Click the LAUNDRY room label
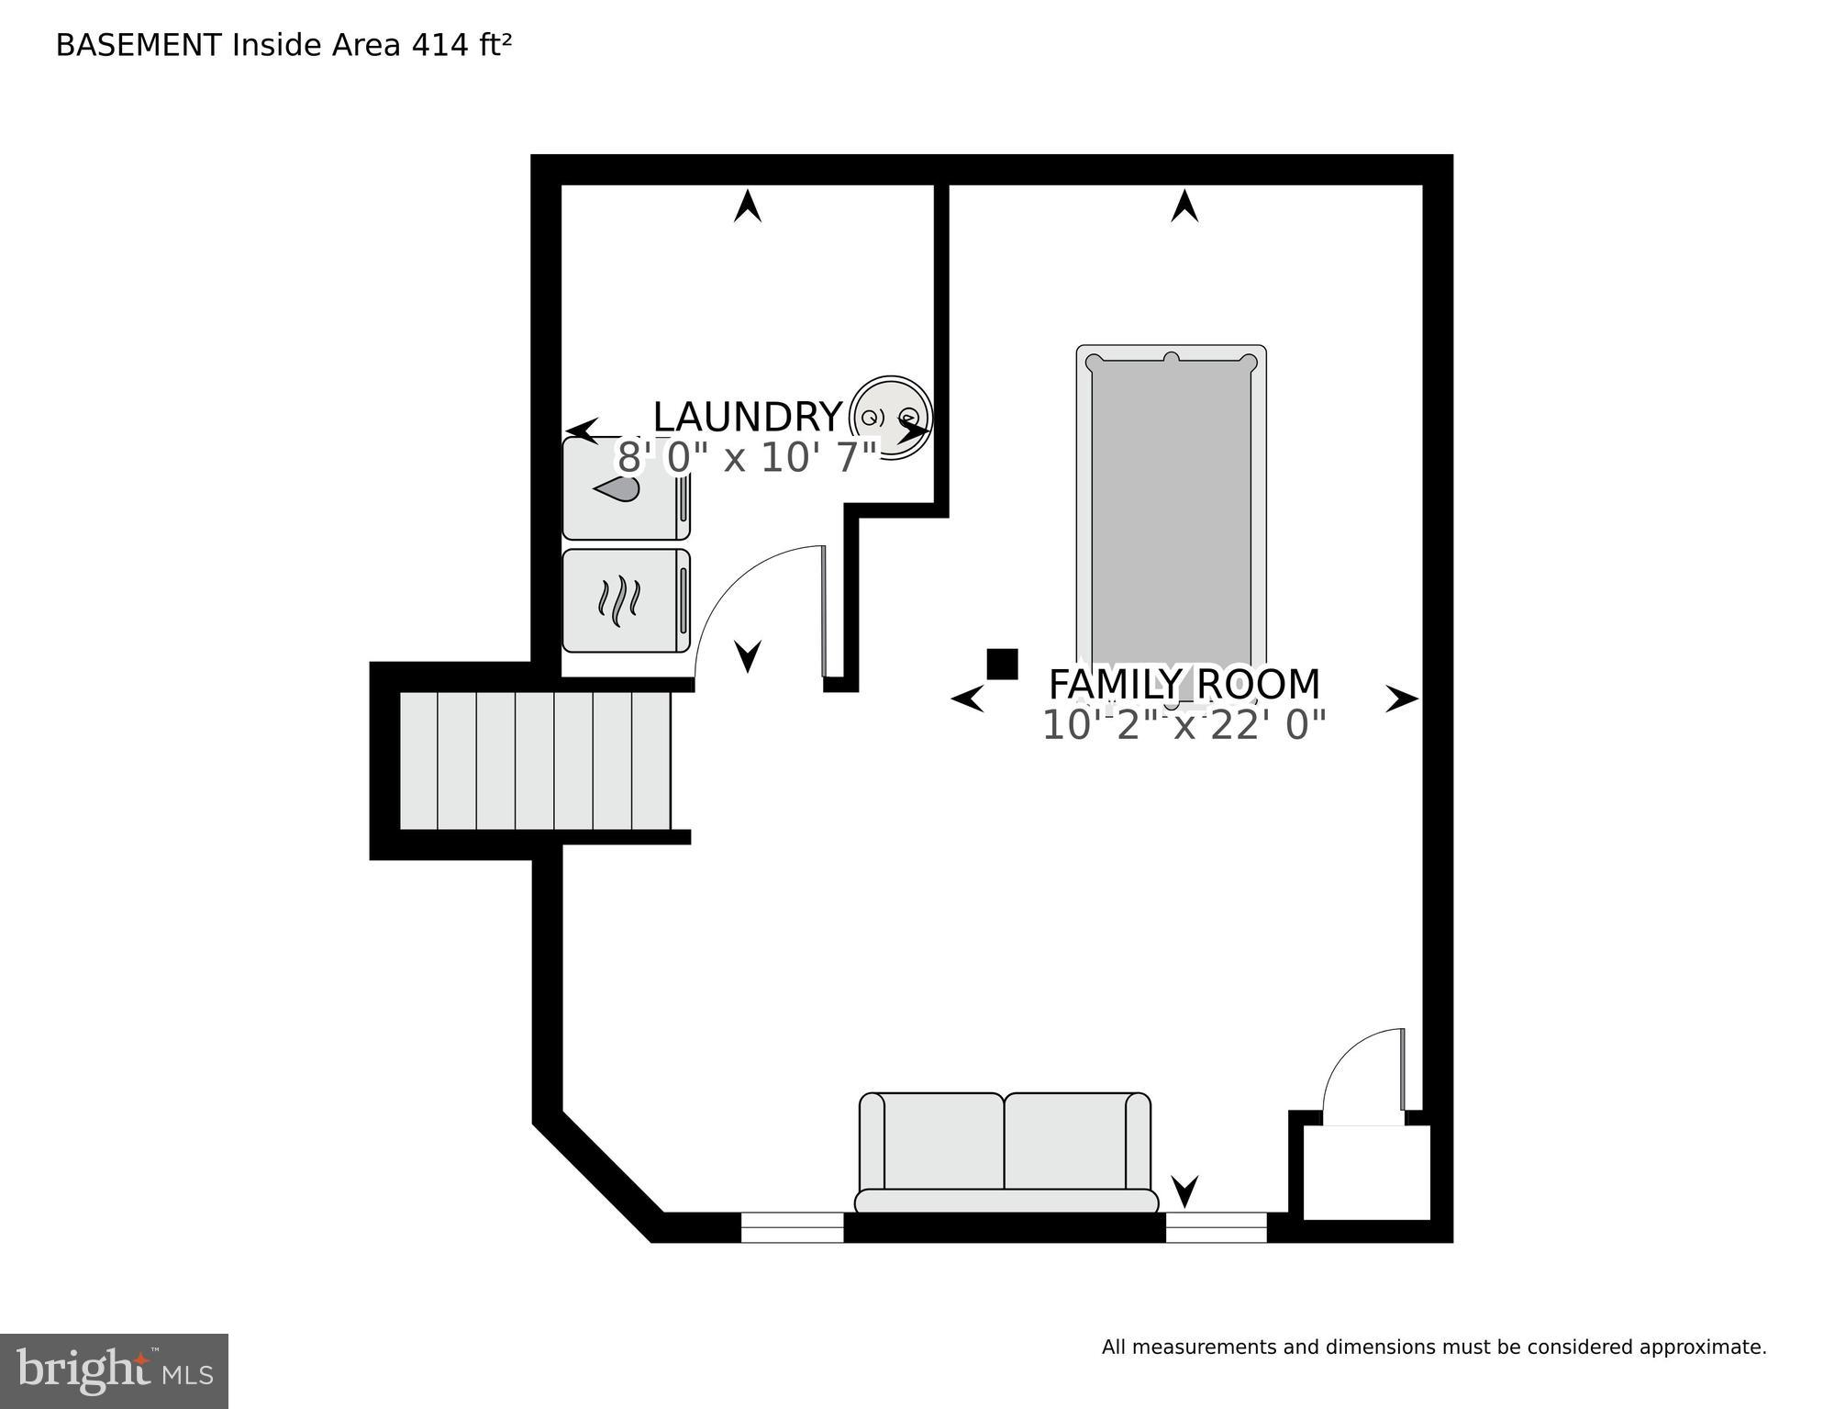click(747, 418)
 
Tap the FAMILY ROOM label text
click(1184, 685)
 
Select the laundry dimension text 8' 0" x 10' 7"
click(747, 457)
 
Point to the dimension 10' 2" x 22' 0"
click(1184, 725)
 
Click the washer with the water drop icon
click(625, 489)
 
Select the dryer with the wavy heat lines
click(625, 600)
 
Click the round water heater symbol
click(890, 417)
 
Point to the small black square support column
click(1002, 664)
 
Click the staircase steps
click(535, 761)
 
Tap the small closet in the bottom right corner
click(1366, 1173)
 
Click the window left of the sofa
click(792, 1227)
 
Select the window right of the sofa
click(1216, 1227)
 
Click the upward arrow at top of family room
click(1184, 206)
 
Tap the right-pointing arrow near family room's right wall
click(1401, 699)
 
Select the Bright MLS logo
click(114, 1370)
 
